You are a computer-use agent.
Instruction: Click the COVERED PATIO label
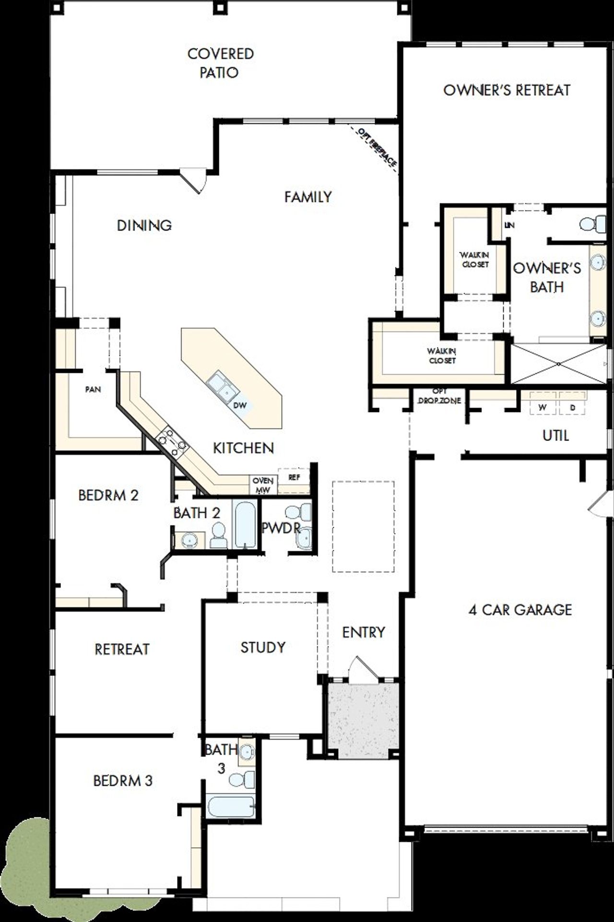coord(220,63)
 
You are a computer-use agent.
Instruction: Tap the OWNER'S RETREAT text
coord(507,90)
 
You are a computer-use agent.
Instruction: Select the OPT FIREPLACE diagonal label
coord(378,147)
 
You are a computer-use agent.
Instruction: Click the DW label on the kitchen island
coord(240,405)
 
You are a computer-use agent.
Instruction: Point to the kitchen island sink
coord(222,387)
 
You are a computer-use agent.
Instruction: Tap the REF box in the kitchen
coord(294,477)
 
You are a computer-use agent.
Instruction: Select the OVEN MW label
coord(263,485)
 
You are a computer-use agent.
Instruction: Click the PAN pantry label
coord(93,390)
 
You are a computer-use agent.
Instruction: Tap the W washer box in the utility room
coord(543,407)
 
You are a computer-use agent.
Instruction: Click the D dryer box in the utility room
coord(573,407)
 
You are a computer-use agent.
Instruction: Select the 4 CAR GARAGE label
coord(520,610)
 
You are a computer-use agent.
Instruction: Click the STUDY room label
coord(263,647)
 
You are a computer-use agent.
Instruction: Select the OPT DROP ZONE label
coord(439,396)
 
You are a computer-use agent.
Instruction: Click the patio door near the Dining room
coord(194,180)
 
